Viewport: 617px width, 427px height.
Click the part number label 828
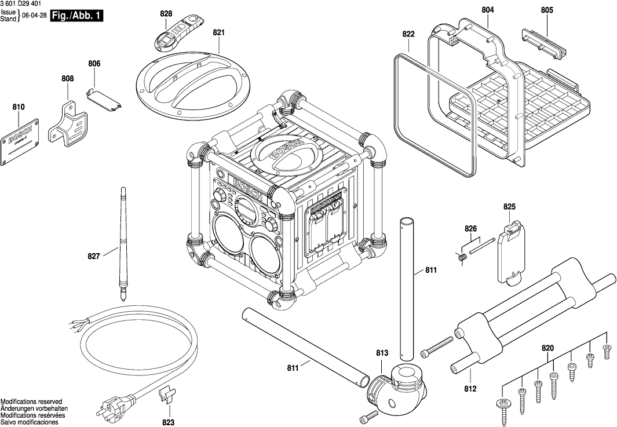click(x=166, y=13)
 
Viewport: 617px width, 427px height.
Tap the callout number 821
click(x=218, y=33)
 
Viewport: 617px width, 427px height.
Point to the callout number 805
click(x=547, y=10)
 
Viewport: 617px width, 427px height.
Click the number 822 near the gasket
click(x=408, y=34)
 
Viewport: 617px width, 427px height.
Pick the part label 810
click(x=18, y=107)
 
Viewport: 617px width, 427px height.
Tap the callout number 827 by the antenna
click(x=94, y=255)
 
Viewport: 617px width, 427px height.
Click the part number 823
click(x=168, y=422)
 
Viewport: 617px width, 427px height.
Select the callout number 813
click(x=382, y=352)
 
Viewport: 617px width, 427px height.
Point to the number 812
click(x=470, y=389)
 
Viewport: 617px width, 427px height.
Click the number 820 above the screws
click(x=547, y=348)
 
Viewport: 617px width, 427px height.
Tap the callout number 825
click(x=509, y=207)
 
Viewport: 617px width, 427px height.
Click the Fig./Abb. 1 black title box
click(x=76, y=16)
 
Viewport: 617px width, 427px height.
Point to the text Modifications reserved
click(x=31, y=402)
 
